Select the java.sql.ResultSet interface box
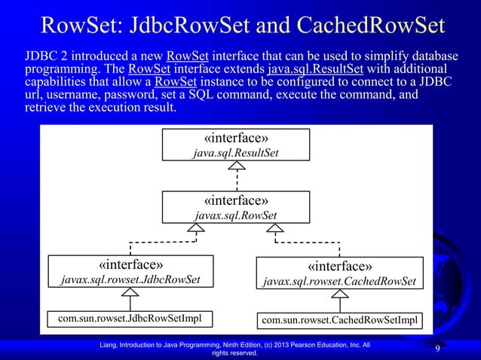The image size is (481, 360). (x=237, y=145)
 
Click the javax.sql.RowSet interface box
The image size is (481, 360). (x=237, y=208)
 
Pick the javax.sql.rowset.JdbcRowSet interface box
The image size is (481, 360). (x=130, y=273)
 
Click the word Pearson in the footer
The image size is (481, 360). (x=300, y=344)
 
